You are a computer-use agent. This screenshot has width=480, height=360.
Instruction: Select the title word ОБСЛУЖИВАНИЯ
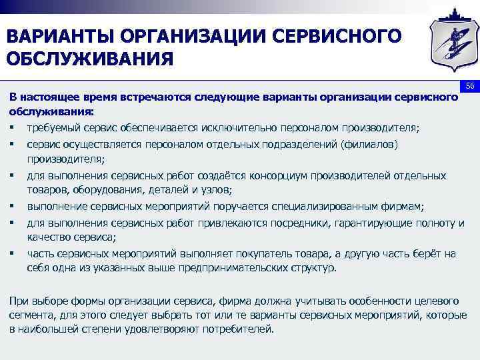pyautogui.click(x=89, y=61)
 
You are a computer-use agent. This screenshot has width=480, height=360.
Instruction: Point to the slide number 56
pyautogui.click(x=469, y=86)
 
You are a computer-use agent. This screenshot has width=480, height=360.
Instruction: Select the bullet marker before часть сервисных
pyautogui.click(x=13, y=253)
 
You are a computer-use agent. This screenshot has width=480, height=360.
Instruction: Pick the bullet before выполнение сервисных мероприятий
pyautogui.click(x=13, y=206)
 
